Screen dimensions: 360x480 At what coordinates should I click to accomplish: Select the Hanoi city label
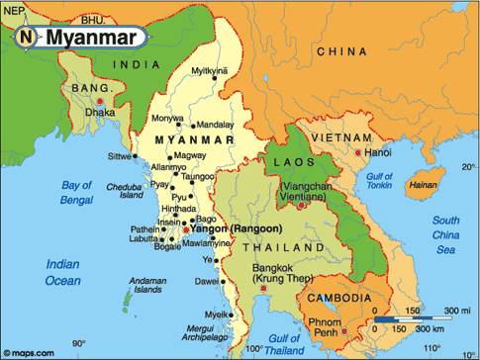tap(378, 153)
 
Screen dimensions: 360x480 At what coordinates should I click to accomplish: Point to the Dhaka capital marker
tap(100, 101)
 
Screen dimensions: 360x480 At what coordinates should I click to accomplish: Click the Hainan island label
tap(423, 184)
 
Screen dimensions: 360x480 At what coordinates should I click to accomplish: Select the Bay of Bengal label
tap(83, 192)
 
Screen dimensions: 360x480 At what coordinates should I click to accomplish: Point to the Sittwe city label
tap(119, 156)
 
